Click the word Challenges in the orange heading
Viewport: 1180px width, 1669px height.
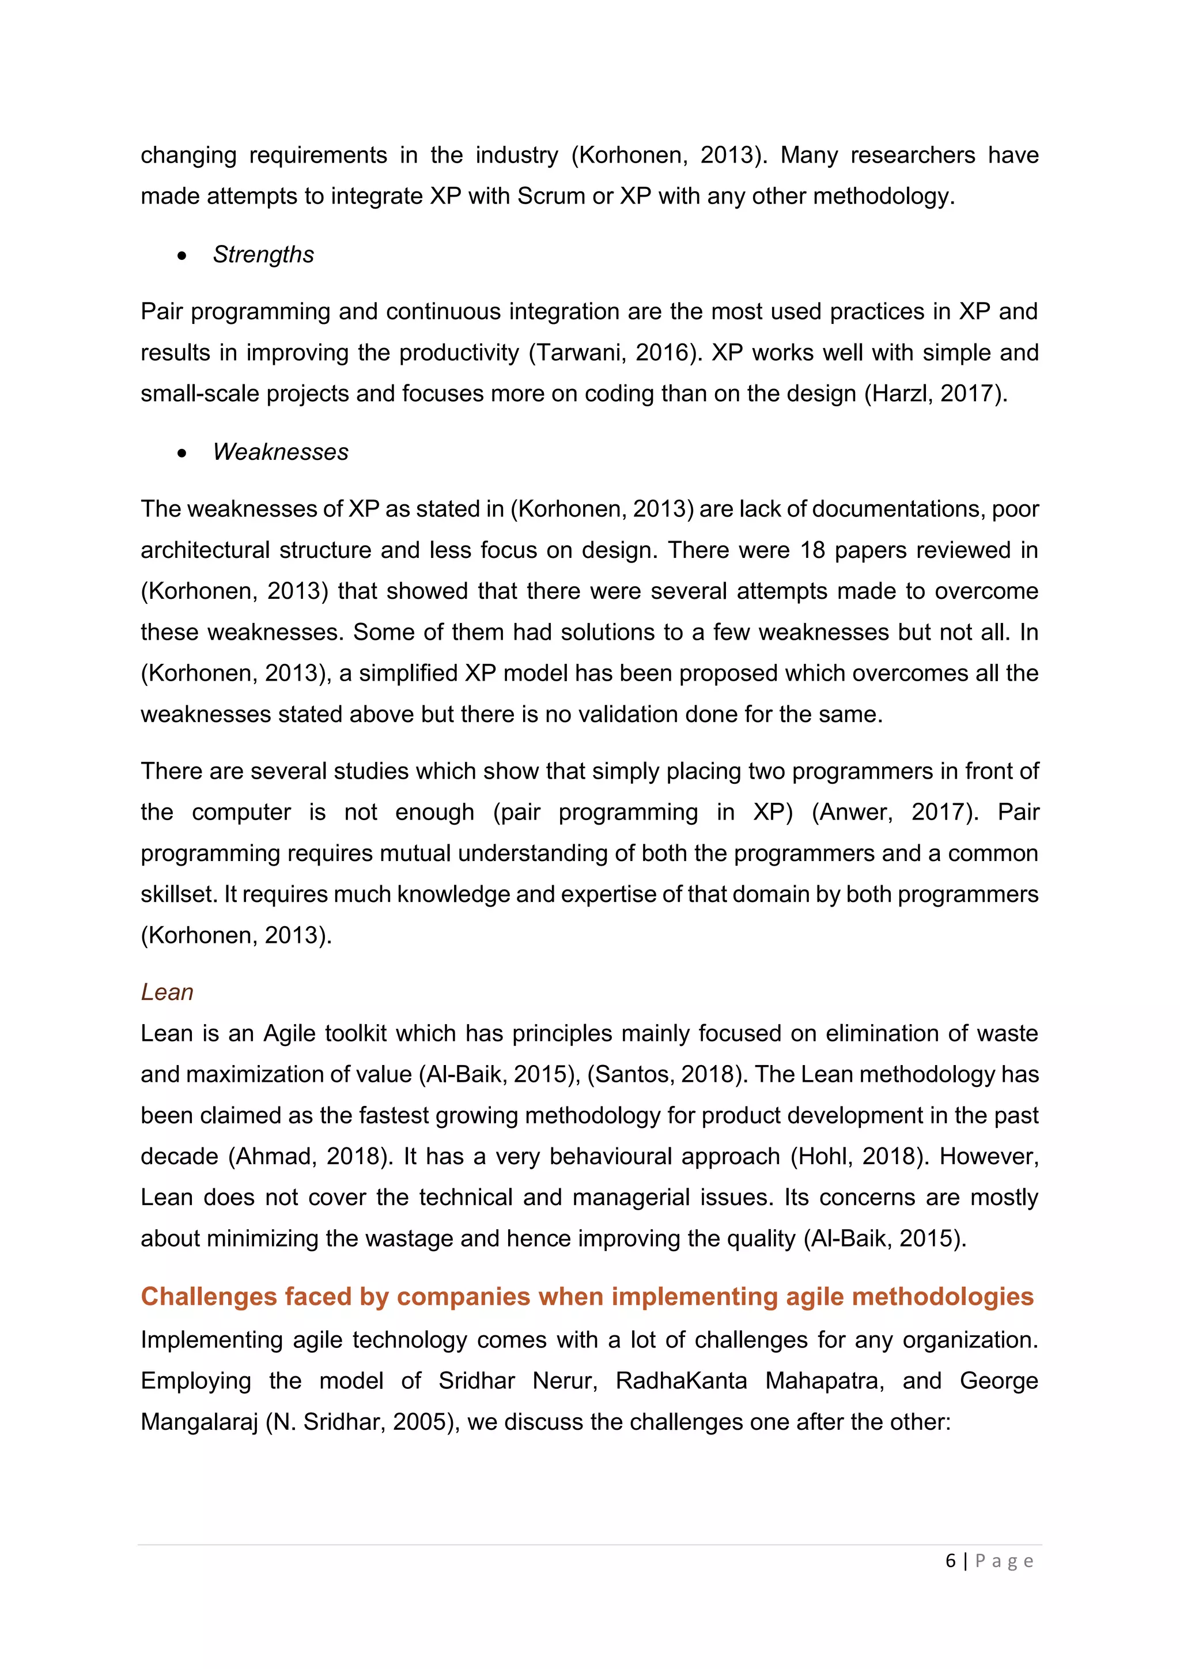pos(209,1296)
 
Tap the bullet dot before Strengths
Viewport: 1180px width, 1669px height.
pos(181,256)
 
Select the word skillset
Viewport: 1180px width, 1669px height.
pos(177,894)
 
